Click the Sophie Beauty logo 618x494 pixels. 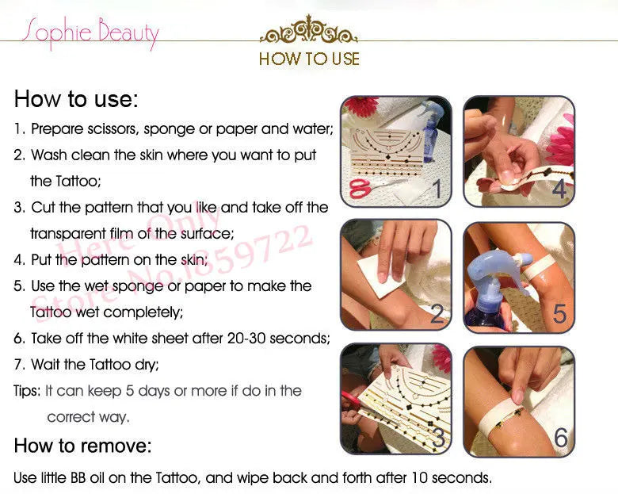coord(90,33)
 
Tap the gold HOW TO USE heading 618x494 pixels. coord(309,59)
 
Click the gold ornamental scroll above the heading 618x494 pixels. coord(309,29)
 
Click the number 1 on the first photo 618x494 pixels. coord(437,188)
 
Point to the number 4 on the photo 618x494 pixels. coord(559,188)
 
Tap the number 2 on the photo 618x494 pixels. coord(437,314)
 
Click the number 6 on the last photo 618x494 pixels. coord(561,437)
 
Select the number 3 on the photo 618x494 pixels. coord(438,437)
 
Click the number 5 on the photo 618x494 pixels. coord(559,314)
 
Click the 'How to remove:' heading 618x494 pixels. coord(82,446)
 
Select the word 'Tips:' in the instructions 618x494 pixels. coord(27,391)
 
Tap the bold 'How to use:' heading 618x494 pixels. coord(76,98)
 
